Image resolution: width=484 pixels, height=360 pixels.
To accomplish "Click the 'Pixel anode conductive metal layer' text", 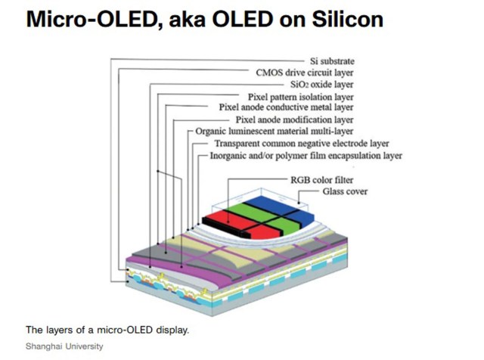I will (287, 107).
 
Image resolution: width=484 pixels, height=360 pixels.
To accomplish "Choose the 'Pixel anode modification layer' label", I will (294, 119).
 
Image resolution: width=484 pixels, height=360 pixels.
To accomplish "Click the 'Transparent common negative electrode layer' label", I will (301, 143).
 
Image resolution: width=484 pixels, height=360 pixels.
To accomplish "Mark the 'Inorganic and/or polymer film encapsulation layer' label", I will (306, 156).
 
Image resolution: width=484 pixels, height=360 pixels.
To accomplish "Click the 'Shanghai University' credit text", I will (64, 346).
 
